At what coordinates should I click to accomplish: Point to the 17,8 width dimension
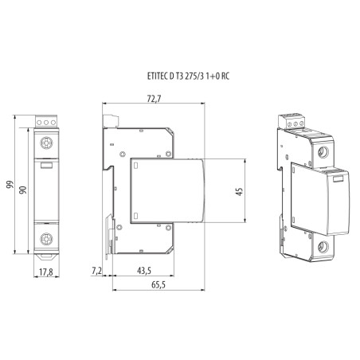click(x=46, y=271)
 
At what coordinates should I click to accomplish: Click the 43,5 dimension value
click(x=144, y=272)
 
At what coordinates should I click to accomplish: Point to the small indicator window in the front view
click(x=46, y=166)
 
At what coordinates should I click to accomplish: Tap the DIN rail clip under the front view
click(x=46, y=256)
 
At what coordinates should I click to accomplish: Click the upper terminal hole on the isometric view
click(x=324, y=150)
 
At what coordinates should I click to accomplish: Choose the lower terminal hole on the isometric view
click(x=324, y=245)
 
